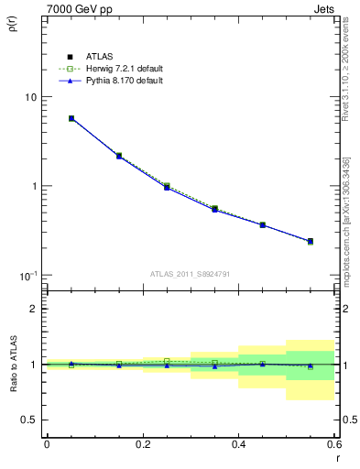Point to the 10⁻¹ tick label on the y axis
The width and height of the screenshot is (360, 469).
pyautogui.click(x=27, y=276)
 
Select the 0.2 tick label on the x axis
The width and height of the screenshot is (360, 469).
pyautogui.click(x=142, y=445)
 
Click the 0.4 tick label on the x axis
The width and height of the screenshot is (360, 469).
pyautogui.click(x=238, y=445)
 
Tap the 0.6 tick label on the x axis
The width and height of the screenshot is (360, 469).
pyautogui.click(x=333, y=445)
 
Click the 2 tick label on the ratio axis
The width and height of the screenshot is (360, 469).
pyautogui.click(x=34, y=310)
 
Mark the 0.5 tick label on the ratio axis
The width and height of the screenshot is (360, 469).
pyautogui.click(x=29, y=420)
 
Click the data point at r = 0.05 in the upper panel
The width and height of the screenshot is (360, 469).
pyautogui.click(x=71, y=118)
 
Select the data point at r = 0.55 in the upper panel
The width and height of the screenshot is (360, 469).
pyautogui.click(x=311, y=241)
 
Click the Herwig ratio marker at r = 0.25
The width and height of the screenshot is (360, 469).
pyautogui.click(x=167, y=361)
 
